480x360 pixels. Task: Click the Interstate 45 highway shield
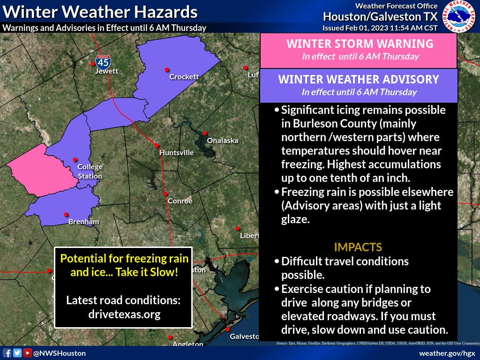103,61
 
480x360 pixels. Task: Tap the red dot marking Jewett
93,63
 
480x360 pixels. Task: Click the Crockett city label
184,76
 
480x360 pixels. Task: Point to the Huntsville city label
176,152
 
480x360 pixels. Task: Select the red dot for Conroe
165,194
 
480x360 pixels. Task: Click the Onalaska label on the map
223,140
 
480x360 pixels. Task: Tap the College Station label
90,172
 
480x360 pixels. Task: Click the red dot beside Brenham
67,214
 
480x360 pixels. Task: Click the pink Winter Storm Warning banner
359,49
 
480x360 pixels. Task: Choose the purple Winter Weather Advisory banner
359,85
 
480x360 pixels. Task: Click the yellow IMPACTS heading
358,247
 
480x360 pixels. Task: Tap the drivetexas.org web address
123,314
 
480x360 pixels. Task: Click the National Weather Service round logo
460,16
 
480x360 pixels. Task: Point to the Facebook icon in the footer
7,353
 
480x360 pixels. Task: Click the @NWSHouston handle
59,353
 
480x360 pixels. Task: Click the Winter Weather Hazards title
100,11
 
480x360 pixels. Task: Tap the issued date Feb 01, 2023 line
380,28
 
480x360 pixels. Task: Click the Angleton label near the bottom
187,344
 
